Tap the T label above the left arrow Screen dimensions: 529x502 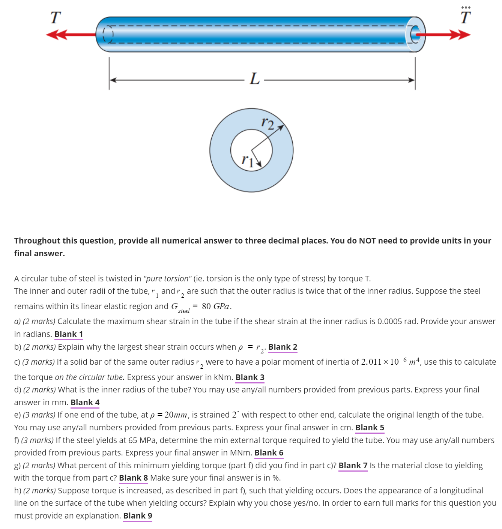[x=56, y=17]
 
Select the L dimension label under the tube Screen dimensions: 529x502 [x=255, y=79]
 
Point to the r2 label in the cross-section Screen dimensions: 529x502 [x=268, y=123]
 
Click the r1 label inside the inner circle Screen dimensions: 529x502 [x=247, y=161]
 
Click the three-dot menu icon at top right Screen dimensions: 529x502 [x=466, y=7]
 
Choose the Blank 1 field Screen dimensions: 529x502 [x=69, y=334]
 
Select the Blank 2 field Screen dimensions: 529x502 [x=283, y=347]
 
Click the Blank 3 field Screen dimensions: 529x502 [x=250, y=377]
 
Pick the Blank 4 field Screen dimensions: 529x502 [x=85, y=403]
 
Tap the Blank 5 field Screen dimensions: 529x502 [x=370, y=428]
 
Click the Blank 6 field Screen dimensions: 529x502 [x=269, y=453]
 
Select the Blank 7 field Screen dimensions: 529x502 [x=353, y=466]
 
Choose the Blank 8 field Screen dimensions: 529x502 [x=133, y=478]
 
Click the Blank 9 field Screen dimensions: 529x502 [x=138, y=516]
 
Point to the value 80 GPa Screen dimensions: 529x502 [x=215, y=307]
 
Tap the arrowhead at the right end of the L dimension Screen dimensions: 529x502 [x=412, y=80]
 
